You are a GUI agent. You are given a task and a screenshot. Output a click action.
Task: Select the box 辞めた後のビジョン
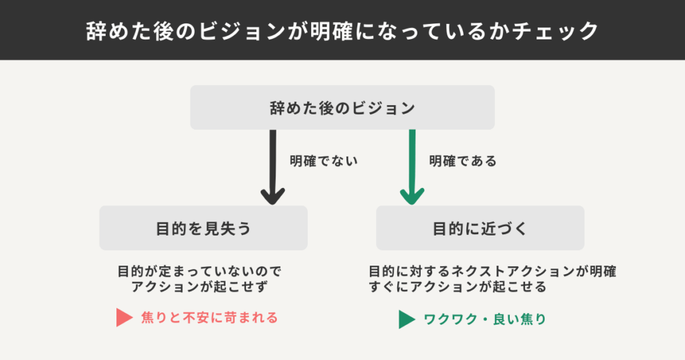click(x=342, y=108)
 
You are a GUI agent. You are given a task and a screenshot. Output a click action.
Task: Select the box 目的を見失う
click(x=203, y=228)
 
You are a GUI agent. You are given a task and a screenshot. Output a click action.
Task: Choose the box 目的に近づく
click(x=480, y=228)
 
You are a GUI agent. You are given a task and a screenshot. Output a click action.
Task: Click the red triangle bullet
click(x=124, y=318)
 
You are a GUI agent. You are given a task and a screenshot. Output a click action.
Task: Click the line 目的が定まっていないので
click(x=200, y=272)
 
